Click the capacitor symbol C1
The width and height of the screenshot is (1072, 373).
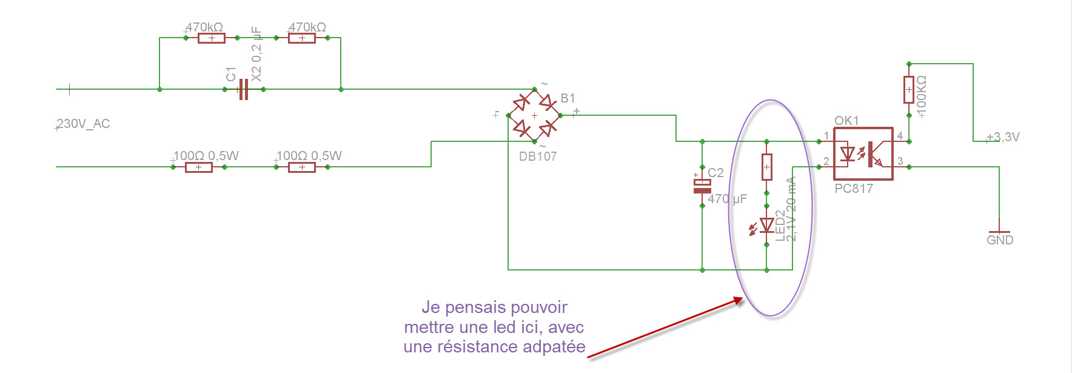click(243, 89)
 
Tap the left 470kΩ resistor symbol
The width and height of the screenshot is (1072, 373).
click(212, 38)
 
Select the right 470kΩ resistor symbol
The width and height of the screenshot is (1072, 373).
click(302, 38)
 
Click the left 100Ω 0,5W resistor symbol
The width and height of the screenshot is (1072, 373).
click(199, 167)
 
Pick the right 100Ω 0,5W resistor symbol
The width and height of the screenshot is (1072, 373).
click(302, 167)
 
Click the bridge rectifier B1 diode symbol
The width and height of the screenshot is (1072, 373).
click(534, 115)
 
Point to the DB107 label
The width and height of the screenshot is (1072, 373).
click(538, 156)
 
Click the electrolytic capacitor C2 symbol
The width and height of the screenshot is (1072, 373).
click(702, 186)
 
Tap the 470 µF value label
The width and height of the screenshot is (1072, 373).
click(728, 199)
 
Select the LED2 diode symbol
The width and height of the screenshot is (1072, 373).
click(766, 226)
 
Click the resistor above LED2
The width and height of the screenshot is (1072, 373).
click(766, 167)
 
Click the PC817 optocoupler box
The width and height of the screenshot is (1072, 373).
click(863, 154)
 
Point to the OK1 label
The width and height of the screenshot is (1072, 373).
click(846, 121)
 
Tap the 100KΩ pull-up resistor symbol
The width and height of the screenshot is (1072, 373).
click(909, 90)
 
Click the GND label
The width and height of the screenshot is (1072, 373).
click(1000, 240)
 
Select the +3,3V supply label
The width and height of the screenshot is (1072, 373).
click(1004, 137)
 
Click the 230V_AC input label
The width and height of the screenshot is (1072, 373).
click(83, 124)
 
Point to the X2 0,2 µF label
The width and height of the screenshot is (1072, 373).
click(256, 54)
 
